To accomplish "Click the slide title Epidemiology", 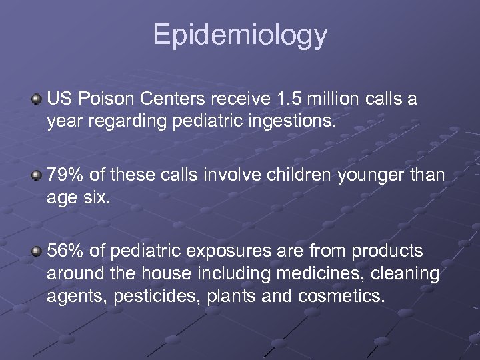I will (240, 35).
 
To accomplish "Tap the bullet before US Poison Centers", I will (37, 100).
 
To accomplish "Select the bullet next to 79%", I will (37, 175).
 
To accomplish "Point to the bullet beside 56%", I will (37, 251).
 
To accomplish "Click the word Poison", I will (99, 99).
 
